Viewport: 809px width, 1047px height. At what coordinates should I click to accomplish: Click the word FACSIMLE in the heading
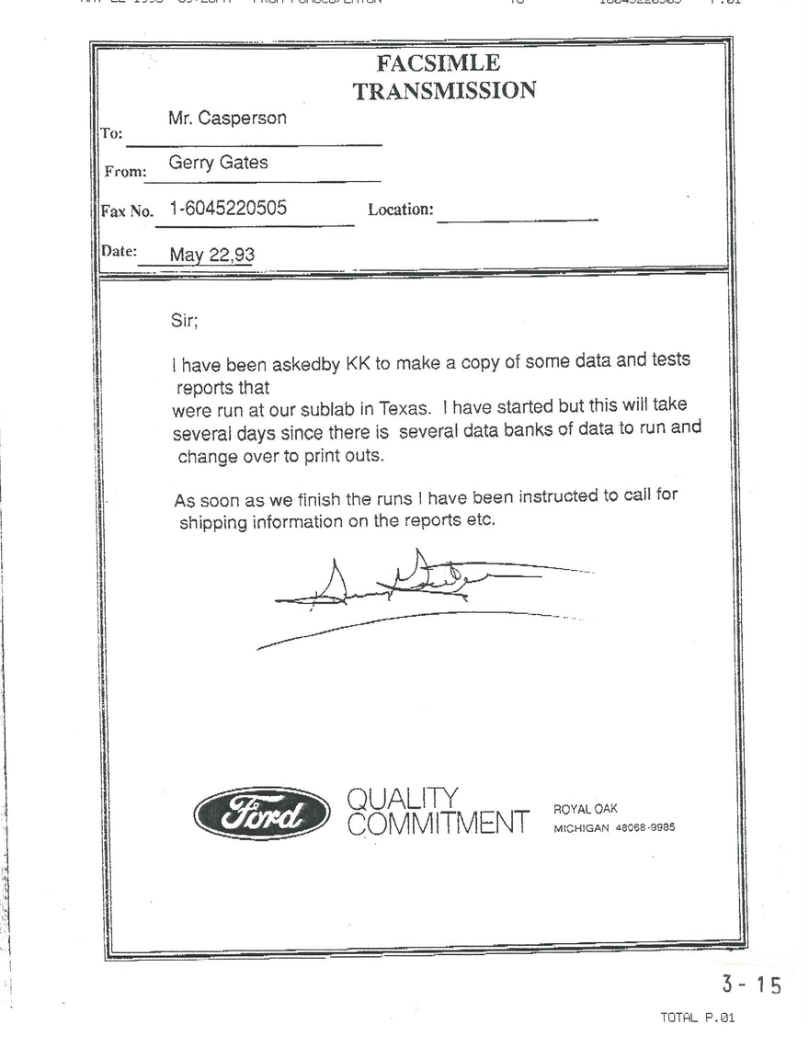439,63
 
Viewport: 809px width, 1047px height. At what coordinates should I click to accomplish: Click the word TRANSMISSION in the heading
444,90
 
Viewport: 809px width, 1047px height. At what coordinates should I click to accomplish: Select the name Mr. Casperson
227,119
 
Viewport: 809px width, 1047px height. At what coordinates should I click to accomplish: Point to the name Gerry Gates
218,163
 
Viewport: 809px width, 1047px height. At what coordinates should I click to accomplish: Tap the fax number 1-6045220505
228,209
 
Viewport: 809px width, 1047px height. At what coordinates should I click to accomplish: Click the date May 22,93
211,255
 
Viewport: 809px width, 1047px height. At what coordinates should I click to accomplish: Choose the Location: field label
401,210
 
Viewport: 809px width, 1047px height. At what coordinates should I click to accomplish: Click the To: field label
111,133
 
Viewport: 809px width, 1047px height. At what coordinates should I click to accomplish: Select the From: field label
125,171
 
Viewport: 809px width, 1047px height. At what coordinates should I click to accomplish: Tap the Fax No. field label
127,211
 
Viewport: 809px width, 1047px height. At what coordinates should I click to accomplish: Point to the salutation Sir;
185,321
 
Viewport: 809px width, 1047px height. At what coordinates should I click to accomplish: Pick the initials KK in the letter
356,363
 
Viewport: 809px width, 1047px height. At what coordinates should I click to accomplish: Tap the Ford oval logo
262,814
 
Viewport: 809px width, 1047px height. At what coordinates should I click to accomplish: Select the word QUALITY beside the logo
402,798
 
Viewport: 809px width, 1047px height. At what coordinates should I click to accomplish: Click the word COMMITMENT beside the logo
439,824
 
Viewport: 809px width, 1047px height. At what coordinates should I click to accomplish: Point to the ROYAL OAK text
585,809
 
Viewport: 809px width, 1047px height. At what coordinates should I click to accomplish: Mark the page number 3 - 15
751,984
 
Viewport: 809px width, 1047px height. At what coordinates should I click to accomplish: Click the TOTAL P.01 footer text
698,1018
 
